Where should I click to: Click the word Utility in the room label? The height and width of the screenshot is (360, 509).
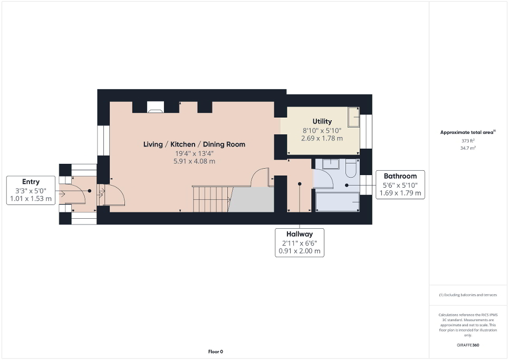pyautogui.click(x=322, y=122)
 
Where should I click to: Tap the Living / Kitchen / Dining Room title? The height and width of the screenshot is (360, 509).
pyautogui.click(x=195, y=144)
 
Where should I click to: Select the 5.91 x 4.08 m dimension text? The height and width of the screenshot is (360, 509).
pyautogui.click(x=195, y=161)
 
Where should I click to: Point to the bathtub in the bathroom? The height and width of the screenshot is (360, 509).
pyautogui.click(x=337, y=202)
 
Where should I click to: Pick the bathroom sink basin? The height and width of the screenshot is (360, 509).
pyautogui.click(x=331, y=163)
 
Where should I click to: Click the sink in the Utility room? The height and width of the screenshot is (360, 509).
pyautogui.click(x=353, y=117)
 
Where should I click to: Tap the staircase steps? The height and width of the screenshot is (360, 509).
pyautogui.click(x=210, y=199)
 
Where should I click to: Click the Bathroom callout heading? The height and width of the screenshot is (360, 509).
pyautogui.click(x=400, y=176)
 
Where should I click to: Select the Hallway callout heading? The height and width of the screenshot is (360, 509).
pyautogui.click(x=300, y=234)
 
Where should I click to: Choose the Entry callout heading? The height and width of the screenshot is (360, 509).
pyautogui.click(x=31, y=182)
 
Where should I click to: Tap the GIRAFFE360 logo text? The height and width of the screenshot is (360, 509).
pyautogui.click(x=468, y=345)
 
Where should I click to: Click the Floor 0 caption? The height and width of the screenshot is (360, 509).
pyautogui.click(x=216, y=352)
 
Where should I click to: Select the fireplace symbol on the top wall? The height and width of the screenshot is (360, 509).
pyautogui.click(x=156, y=109)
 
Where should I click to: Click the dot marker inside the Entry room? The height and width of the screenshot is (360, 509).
pyautogui.click(x=90, y=191)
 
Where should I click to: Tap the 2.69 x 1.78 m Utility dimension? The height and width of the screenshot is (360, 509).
pyautogui.click(x=322, y=139)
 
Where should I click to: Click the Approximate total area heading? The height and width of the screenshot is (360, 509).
pyautogui.click(x=468, y=133)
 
